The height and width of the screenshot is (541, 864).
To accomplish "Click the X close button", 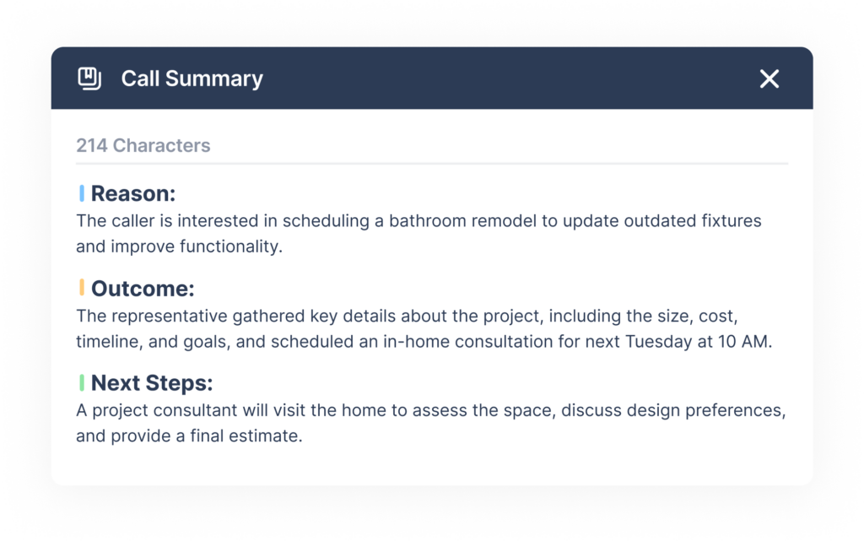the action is [x=769, y=78].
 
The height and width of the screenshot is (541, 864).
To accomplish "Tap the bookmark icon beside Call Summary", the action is [x=89, y=78].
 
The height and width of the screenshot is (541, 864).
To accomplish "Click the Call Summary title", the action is [x=192, y=78].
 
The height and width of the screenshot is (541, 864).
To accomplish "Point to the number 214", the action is [x=91, y=145].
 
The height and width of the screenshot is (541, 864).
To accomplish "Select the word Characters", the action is [x=161, y=145].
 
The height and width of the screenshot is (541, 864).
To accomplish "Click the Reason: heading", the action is [x=133, y=193].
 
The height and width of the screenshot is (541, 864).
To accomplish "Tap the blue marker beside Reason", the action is [x=82, y=193].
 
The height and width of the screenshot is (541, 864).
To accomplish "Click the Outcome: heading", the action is [x=143, y=288].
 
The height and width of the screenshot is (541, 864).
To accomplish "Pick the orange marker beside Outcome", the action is [x=82, y=288].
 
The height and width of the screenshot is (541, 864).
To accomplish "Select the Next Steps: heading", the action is [x=152, y=383].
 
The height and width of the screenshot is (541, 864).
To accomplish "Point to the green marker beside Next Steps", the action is [x=82, y=382].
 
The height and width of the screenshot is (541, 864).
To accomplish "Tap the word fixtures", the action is [x=732, y=221].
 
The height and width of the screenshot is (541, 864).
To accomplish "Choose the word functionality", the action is [x=231, y=246].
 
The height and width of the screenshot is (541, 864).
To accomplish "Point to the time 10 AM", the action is [x=745, y=342].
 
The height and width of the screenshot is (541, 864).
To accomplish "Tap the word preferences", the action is [x=736, y=410].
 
